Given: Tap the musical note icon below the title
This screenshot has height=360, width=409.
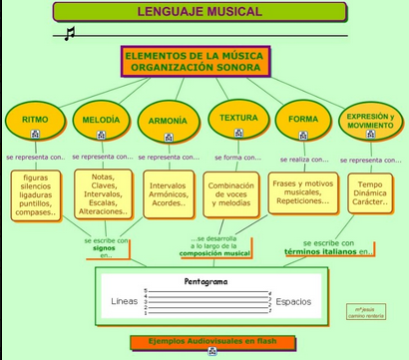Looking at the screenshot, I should pyautogui.click(x=69, y=34).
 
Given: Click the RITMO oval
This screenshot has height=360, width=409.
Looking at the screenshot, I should pyautogui.click(x=35, y=120).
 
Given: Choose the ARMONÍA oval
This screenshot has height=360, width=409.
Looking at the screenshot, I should pyautogui.click(x=168, y=121).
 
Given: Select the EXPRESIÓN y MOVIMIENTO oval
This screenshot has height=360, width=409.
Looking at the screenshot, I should pyautogui.click(x=370, y=120).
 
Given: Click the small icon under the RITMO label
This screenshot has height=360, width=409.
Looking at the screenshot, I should pyautogui.click(x=35, y=133).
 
